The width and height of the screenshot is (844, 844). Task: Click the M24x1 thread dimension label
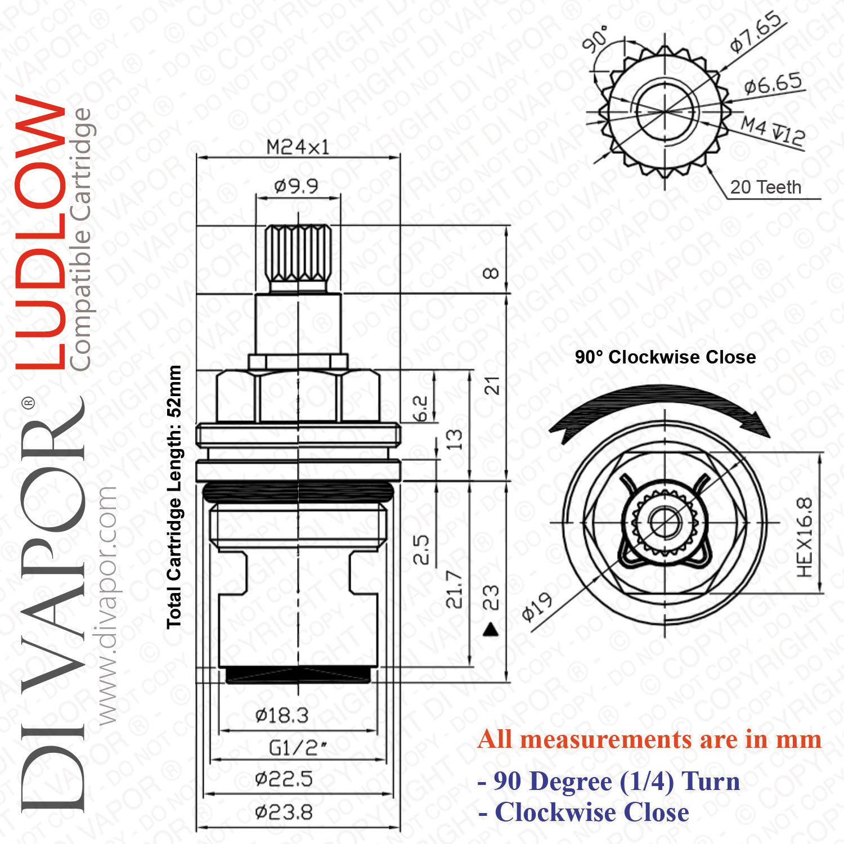pos(298,147)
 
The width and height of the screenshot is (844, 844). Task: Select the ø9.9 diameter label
pos(296,185)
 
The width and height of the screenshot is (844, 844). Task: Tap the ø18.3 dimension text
pos(282,716)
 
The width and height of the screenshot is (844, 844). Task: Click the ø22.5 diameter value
pos(284,779)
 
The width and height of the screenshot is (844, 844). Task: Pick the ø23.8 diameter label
pos(284,812)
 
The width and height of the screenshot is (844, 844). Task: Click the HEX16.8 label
pos(805,537)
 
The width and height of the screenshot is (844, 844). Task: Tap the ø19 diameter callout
pos(537,607)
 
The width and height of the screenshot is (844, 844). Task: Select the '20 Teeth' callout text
pos(766,187)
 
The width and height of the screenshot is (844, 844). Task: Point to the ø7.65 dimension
pos(756,32)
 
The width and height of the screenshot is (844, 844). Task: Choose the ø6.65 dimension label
pos(773,84)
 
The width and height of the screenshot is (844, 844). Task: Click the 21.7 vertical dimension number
pos(454,589)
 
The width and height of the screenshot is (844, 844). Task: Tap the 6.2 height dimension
pos(420,408)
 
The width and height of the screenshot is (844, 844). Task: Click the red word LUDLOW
pos(41,232)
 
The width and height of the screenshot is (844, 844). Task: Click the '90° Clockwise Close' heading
pos(665,357)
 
